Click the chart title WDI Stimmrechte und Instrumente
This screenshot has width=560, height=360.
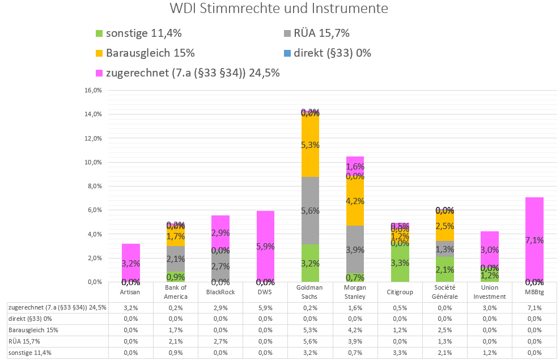[279, 10]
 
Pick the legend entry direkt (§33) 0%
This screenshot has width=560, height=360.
[332, 53]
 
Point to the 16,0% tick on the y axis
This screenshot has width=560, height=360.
[92, 90]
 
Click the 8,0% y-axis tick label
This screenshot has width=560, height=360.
[94, 186]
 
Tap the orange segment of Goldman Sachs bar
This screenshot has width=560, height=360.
[310, 145]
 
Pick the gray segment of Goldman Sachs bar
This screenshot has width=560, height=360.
[310, 210]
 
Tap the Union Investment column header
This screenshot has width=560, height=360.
[485, 293]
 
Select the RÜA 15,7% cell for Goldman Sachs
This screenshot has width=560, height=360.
[310, 341]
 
